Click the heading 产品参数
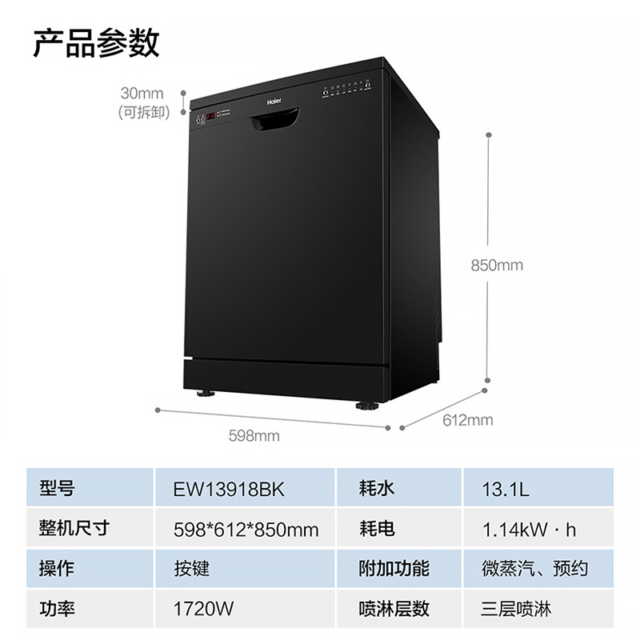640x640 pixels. click(x=96, y=42)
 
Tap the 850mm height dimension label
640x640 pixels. click(x=497, y=265)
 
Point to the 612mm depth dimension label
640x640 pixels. click(x=468, y=419)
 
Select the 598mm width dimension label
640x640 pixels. click(x=254, y=435)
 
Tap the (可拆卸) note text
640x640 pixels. click(x=144, y=112)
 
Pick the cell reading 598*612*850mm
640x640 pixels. click(x=246, y=529)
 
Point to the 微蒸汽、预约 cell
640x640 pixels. click(x=534, y=569)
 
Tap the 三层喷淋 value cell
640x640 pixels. click(x=517, y=609)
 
